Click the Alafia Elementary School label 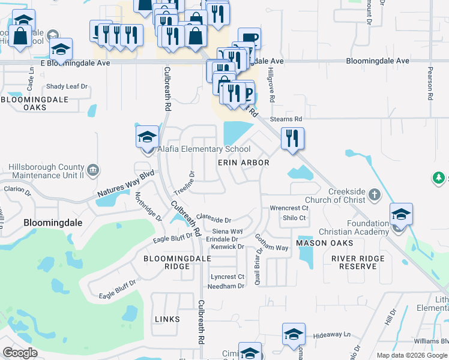click(x=203, y=149)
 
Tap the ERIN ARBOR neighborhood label click(x=243, y=163)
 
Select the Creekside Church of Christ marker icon click(x=375, y=194)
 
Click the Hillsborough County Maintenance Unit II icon click(x=93, y=170)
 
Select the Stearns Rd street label click(x=286, y=119)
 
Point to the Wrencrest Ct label click(x=289, y=208)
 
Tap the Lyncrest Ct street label click(x=228, y=277)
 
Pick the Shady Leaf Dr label click(x=67, y=86)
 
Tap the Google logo click(x=20, y=353)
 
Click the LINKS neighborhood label click(x=167, y=319)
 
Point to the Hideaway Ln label click(x=331, y=334)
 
